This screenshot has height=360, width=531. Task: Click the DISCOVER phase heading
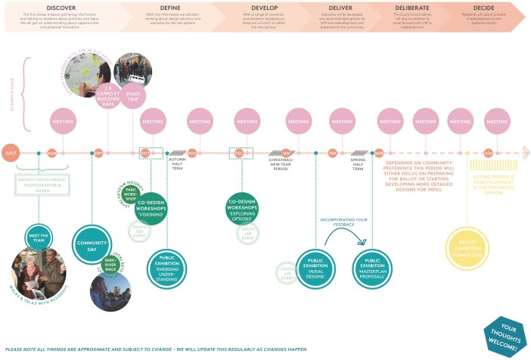(61, 7)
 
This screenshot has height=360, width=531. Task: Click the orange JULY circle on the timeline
(10, 153)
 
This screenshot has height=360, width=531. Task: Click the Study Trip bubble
(133, 97)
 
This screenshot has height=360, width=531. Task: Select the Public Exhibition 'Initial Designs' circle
(315, 265)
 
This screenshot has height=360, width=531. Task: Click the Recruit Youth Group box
(42, 183)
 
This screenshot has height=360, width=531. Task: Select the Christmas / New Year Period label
(287, 164)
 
